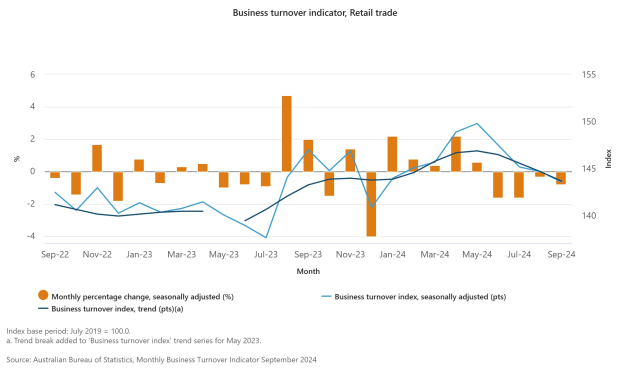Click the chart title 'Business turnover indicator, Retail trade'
pyautogui.click(x=315, y=13)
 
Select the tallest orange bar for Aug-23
pyautogui.click(x=287, y=133)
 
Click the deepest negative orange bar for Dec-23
pyautogui.click(x=371, y=204)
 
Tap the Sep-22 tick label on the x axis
pyautogui.click(x=55, y=255)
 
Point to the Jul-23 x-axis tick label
pyautogui.click(x=266, y=255)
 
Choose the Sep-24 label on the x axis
pyautogui.click(x=561, y=255)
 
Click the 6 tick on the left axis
pyautogui.click(x=32, y=75)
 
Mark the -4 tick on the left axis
pyautogui.click(x=30, y=237)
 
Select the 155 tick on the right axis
pyautogui.click(x=588, y=75)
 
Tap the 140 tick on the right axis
pyautogui.click(x=588, y=216)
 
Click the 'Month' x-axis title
pyautogui.click(x=308, y=271)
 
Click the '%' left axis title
pyautogui.click(x=16, y=158)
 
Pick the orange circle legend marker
pyautogui.click(x=42, y=296)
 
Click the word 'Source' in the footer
pyautogui.click(x=21, y=358)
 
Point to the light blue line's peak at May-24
pyautogui.click(x=477, y=124)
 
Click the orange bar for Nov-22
pyautogui.click(x=97, y=158)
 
